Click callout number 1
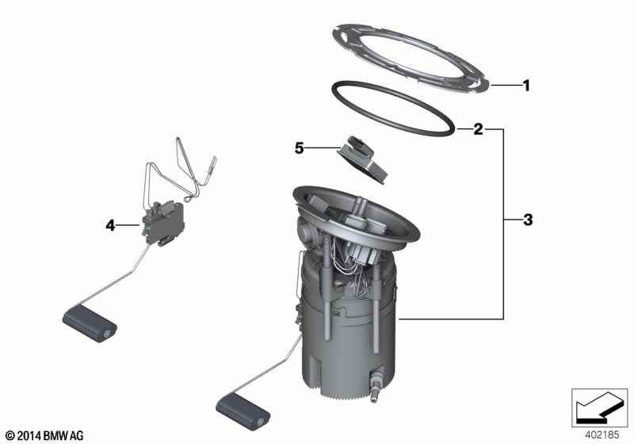[526, 86]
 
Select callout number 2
[478, 129]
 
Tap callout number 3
[528, 220]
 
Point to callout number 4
[110, 225]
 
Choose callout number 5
[299, 148]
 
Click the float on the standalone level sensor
[90, 323]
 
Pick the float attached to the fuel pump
[243, 412]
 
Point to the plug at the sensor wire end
[212, 165]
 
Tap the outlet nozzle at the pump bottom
[375, 385]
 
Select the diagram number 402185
[602, 435]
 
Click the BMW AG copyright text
[45, 435]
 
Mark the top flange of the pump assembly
[356, 214]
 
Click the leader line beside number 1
[505, 86]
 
